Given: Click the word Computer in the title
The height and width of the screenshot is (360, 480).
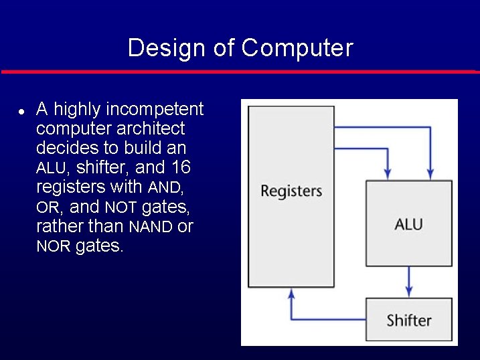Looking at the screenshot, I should [x=297, y=48].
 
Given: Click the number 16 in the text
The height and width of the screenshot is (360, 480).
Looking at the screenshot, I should [x=181, y=167].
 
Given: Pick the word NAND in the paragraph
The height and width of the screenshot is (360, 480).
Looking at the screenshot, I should [x=151, y=227].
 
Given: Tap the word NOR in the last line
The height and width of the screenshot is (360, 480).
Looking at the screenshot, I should [x=53, y=247].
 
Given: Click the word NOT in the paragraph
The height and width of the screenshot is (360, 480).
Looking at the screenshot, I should [x=121, y=207].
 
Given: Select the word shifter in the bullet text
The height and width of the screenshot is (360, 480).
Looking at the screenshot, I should [x=103, y=167].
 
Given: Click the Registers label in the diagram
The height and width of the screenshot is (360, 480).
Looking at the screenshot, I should [x=291, y=191].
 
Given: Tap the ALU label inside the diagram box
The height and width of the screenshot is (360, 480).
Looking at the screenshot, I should [x=408, y=224].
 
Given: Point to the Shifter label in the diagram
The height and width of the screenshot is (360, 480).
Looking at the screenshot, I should [x=408, y=320].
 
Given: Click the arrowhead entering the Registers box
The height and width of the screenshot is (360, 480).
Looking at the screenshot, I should [x=291, y=292].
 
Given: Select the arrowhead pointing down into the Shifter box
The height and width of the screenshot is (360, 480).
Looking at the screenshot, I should [x=408, y=292].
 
